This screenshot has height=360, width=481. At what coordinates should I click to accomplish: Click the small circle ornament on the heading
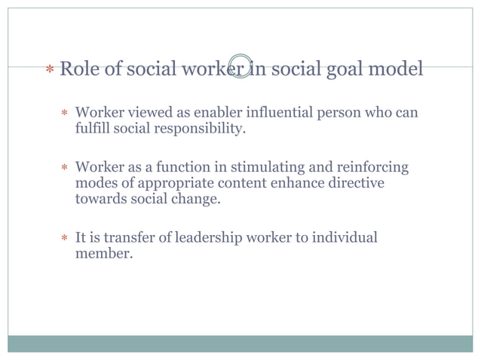point(240,66)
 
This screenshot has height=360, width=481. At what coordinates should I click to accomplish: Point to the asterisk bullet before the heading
point(49,72)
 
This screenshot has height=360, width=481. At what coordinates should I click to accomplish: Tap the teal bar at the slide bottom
point(240,343)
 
